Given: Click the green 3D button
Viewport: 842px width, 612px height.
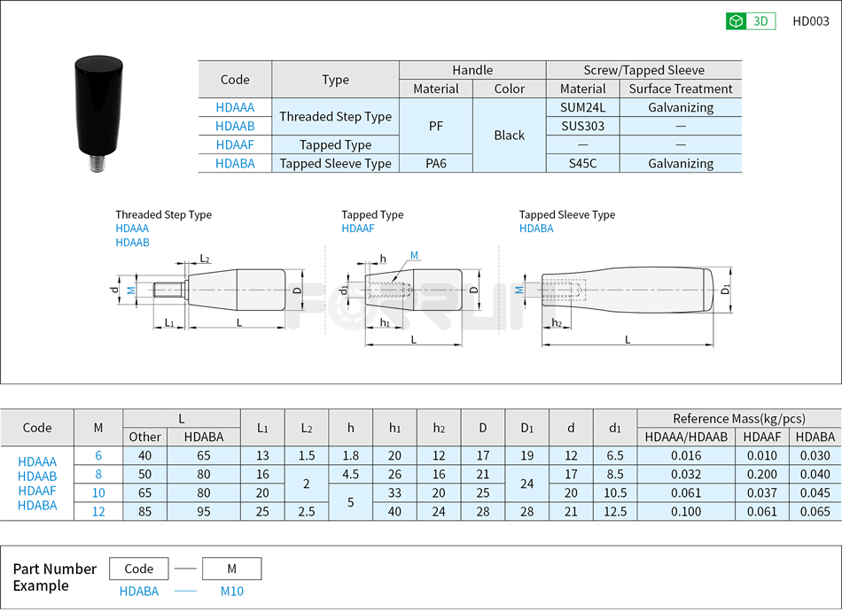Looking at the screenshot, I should point(750,21).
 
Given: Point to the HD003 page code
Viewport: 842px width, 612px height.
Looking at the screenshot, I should point(810,21).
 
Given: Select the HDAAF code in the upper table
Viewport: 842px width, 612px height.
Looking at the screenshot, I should point(235,144).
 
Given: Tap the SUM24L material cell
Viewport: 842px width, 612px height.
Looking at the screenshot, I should point(582,107).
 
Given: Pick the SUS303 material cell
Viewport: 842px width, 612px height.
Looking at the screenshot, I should point(582,126).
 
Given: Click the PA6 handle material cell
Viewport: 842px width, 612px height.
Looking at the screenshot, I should point(435,163).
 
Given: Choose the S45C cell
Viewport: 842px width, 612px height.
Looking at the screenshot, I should point(582,163).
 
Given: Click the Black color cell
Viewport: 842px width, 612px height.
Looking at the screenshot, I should point(509,135).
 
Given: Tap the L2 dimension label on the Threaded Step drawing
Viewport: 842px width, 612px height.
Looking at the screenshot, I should point(205,259).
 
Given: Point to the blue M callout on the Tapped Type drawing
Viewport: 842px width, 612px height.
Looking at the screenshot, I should point(414,256).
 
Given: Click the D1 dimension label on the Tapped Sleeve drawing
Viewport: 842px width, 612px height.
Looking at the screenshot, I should point(726,290).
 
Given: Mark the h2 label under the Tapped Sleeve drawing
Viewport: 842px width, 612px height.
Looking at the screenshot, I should point(557,323).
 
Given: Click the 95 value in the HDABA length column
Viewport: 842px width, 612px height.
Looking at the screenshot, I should point(203,511).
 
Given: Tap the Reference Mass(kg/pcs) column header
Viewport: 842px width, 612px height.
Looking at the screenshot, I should point(738,418).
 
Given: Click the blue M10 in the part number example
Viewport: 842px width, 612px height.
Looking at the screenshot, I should point(231,591).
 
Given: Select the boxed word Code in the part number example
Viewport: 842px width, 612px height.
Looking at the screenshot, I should point(139,569).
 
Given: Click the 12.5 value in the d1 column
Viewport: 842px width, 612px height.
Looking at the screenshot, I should point(614,511).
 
